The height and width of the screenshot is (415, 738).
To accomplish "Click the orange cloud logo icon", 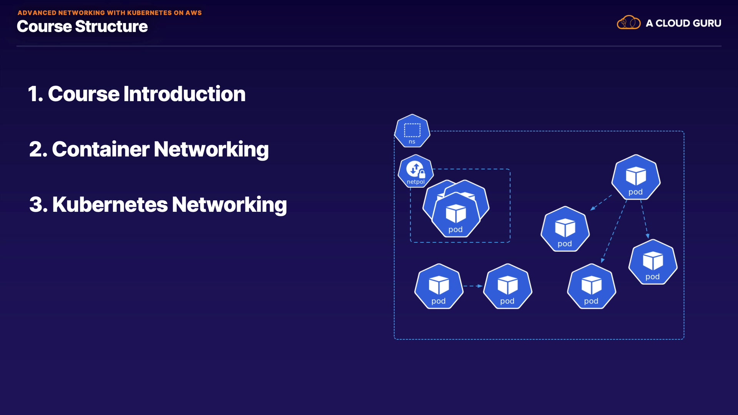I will (x=628, y=23).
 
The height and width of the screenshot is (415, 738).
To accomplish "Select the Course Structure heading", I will (x=82, y=27).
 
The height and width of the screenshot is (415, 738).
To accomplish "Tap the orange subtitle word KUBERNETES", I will (x=149, y=13).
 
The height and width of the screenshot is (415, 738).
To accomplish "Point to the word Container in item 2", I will (x=101, y=149).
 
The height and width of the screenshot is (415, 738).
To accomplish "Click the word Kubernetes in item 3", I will (x=110, y=204).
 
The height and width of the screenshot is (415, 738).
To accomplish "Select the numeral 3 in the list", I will (x=36, y=204).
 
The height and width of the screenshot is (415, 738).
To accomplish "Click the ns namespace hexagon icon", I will (x=412, y=131).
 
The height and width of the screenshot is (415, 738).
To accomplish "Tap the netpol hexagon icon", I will (x=416, y=171).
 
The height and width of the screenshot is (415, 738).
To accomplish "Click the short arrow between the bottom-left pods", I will (x=473, y=286).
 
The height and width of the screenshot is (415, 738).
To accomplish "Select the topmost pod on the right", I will (x=636, y=177).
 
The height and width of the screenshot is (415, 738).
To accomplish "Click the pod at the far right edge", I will (x=653, y=262).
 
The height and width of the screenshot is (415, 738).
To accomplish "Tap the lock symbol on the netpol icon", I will (x=422, y=174).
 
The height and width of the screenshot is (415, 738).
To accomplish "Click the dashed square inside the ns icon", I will (x=412, y=130).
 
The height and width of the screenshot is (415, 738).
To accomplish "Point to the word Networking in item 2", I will (x=211, y=149).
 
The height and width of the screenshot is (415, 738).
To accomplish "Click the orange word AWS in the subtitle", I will (x=193, y=13).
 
